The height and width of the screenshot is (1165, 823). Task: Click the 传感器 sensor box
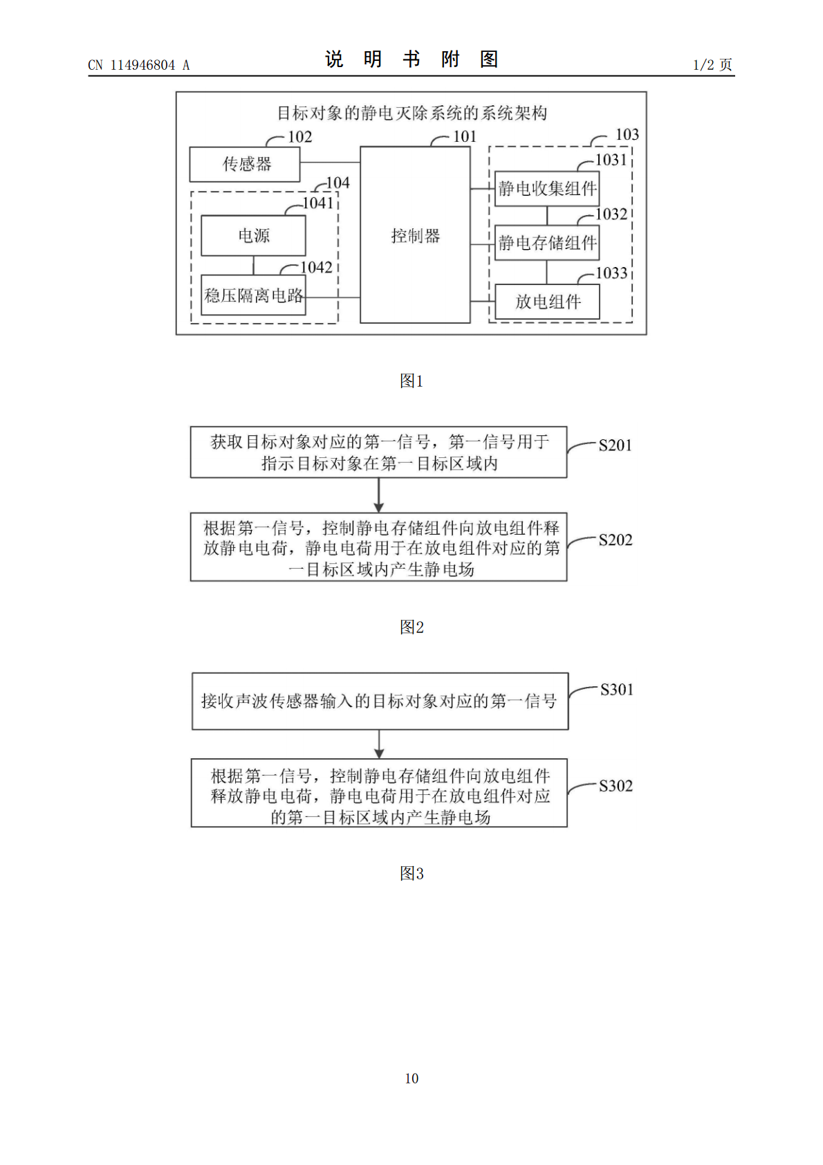pos(244,165)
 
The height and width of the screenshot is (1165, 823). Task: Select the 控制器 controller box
pos(415,235)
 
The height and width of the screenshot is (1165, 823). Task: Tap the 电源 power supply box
pos(253,236)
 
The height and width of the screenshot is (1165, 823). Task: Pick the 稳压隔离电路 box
pos(253,295)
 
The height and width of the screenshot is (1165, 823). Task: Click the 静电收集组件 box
pos(547,188)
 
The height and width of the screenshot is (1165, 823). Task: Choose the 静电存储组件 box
pos(547,242)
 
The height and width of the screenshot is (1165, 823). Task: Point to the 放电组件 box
pos(547,302)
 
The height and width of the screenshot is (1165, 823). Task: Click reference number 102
pos(300,137)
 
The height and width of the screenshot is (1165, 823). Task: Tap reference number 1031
pos(611,160)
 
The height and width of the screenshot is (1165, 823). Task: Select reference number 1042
pos(317,267)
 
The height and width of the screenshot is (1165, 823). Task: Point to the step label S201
pos(615,446)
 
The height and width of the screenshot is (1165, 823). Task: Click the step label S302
pos(616,785)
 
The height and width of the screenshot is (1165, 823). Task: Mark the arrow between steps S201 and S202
pos(378,495)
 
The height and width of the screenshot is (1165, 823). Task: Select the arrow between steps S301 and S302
pos(379,744)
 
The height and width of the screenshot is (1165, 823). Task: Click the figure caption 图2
pos(411,627)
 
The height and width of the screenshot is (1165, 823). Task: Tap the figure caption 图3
pos(411,873)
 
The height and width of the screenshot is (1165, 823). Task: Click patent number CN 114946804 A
pos(139,65)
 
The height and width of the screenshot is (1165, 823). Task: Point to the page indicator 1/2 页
pos(712,64)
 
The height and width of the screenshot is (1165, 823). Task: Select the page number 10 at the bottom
pos(411,1078)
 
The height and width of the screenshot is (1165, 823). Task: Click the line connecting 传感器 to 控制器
pos(330,163)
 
